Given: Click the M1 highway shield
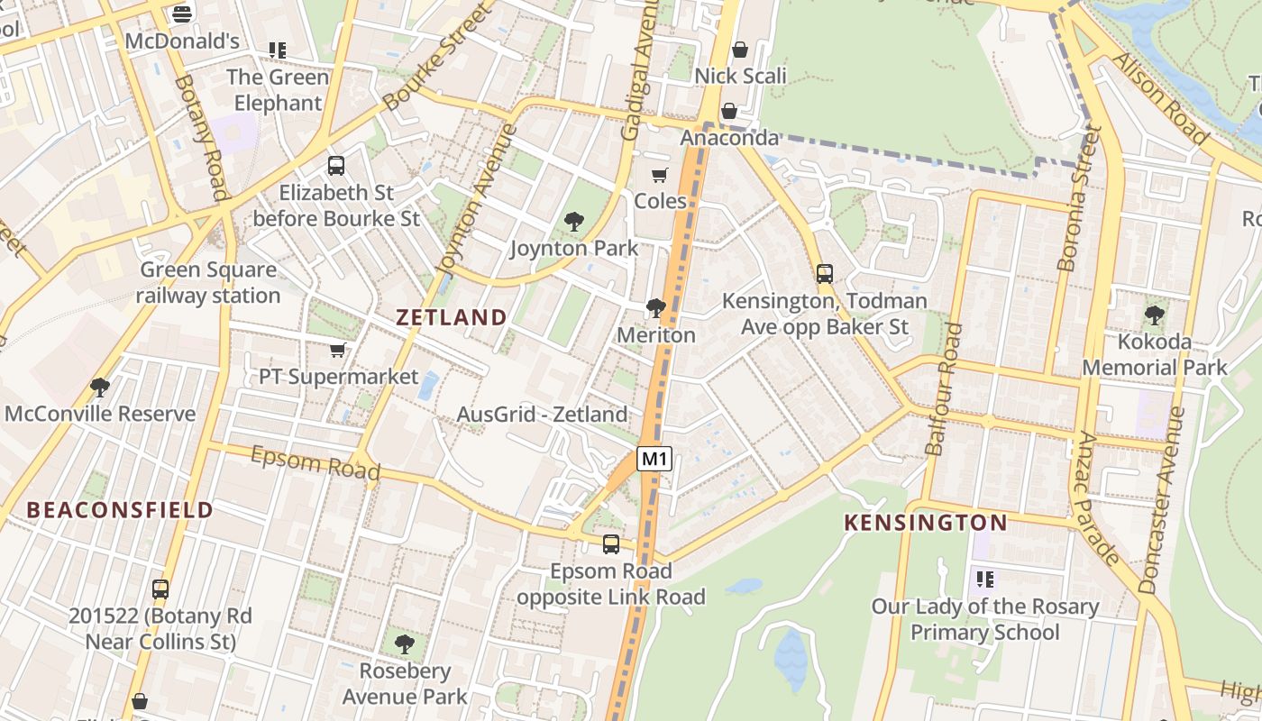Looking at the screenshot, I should click(x=655, y=459).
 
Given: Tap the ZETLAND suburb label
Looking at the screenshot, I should click(x=452, y=317).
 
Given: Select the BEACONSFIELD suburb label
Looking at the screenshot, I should click(x=120, y=510).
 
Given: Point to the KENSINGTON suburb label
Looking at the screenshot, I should click(x=926, y=523).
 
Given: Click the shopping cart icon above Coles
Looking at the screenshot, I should click(x=660, y=175).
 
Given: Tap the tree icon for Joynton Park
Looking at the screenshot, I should click(x=573, y=222).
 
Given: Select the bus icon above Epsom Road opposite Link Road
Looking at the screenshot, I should click(x=611, y=544).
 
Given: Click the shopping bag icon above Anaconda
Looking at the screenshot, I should click(x=728, y=111).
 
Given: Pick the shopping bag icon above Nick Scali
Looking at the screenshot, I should click(x=740, y=50).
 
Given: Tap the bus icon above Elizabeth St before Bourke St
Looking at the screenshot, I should click(x=336, y=166).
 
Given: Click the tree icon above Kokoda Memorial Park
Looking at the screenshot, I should click(x=1154, y=315).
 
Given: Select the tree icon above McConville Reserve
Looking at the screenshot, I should click(x=99, y=388).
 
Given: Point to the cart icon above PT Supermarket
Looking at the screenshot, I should click(x=338, y=350).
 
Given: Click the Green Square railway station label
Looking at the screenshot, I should click(x=208, y=282).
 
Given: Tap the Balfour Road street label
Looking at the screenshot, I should click(x=943, y=389).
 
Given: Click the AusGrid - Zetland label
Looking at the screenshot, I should click(x=542, y=415).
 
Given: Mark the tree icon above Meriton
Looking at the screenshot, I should click(x=655, y=308).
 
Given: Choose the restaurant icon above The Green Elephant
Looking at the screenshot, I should click(x=277, y=50).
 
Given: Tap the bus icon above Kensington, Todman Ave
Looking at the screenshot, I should click(x=824, y=274).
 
